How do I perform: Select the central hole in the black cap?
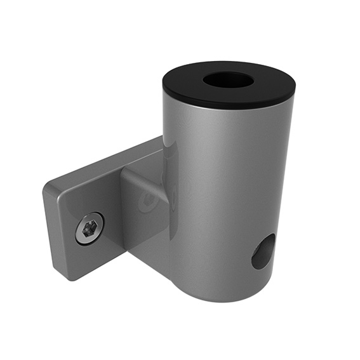228,81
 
